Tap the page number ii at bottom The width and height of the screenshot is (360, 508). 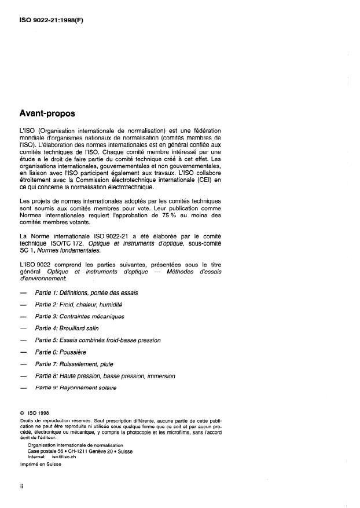click(x=21, y=487)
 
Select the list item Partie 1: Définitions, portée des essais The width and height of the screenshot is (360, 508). click(x=86, y=293)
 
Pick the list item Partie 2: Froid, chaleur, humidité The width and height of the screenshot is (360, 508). click(x=79, y=305)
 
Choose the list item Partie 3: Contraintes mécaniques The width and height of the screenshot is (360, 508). click(x=80, y=316)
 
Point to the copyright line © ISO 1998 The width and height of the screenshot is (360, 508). click(x=36, y=414)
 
